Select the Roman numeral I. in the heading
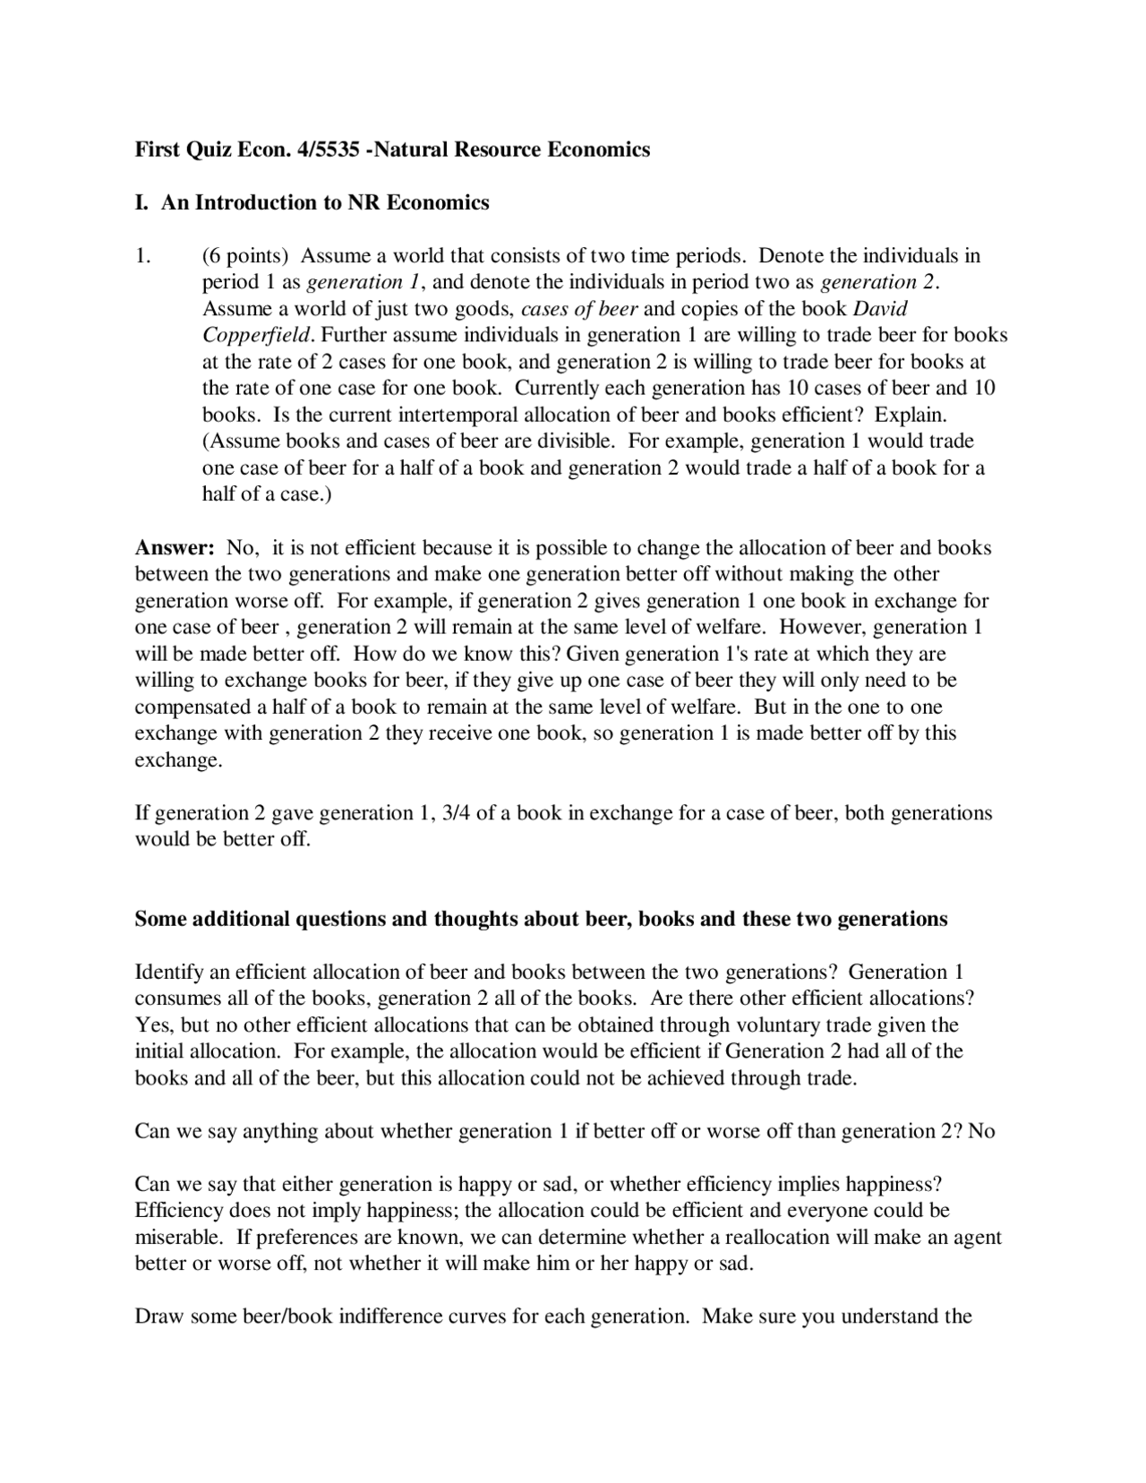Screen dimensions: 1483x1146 [x=141, y=202]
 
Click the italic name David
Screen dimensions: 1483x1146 [x=880, y=309]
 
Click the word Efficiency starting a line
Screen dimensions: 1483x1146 [x=178, y=1211]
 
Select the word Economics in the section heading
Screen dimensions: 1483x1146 [x=439, y=202]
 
